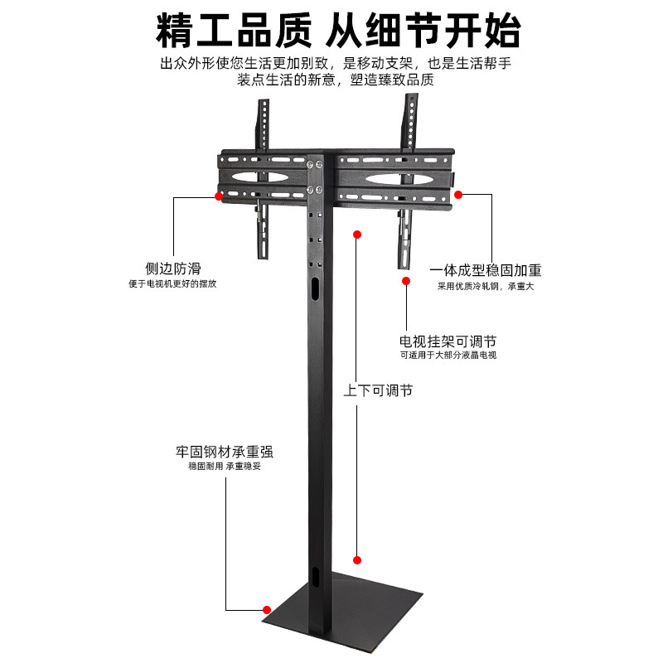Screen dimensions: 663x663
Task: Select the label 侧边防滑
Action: (173, 269)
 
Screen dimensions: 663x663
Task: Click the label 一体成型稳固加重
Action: (485, 270)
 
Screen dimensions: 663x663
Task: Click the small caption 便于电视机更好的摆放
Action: (173, 284)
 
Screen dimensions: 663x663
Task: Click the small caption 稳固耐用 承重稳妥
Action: (225, 467)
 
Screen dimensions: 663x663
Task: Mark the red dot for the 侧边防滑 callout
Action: (219, 196)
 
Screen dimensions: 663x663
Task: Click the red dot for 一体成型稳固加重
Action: (458, 195)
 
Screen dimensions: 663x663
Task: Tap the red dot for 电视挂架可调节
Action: (406, 280)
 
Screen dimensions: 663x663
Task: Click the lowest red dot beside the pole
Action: (357, 559)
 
